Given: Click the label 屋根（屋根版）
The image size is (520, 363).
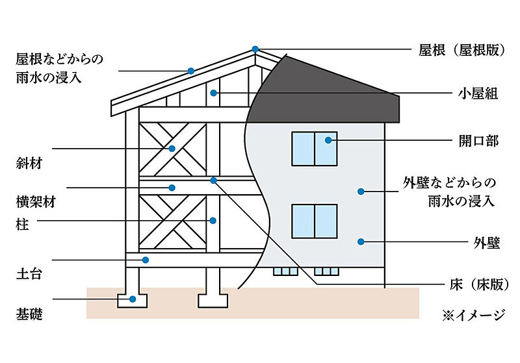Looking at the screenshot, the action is point(462,50).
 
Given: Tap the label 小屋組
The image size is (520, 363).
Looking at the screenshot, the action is point(478,94).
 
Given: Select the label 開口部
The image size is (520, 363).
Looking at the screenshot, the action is point(478,141).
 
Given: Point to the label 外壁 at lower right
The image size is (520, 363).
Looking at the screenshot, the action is point(486,243).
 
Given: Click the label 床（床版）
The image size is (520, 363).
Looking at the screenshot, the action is point(479,284).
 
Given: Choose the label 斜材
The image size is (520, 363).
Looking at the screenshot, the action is point(29,163).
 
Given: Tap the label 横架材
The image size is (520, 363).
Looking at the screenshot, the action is point(36,201).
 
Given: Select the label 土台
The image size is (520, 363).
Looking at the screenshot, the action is point(29,273).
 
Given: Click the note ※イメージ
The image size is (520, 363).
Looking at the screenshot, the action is point(474,315).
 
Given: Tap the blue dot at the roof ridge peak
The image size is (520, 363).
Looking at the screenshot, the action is point(255,49).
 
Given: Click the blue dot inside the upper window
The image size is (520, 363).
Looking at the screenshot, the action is point(328,140).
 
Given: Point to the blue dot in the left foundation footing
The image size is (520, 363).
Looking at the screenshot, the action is point(133,299).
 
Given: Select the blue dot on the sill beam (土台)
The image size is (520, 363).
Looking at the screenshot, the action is point(145,260).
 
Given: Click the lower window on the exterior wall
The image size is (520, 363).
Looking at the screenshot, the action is point(315,221).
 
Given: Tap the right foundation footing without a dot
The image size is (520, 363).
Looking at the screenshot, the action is point(213,301).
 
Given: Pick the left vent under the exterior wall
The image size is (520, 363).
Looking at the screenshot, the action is point(285,271).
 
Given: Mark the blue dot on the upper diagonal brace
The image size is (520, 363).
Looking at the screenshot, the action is point(172,149).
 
